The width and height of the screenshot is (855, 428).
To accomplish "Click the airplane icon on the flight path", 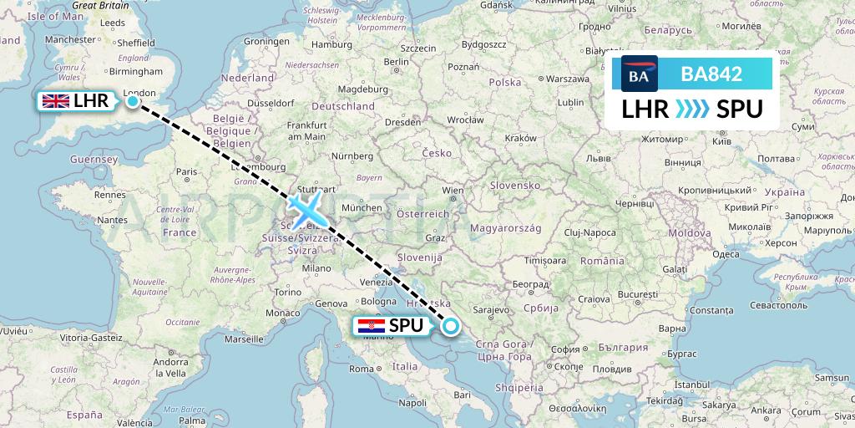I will click(x=306, y=208).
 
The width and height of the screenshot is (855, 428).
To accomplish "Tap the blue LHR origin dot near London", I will click(x=133, y=101).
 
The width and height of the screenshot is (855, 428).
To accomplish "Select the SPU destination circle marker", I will click(x=451, y=326).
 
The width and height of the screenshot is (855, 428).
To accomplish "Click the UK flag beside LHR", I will click(x=56, y=101).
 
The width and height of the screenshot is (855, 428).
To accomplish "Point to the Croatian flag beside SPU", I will click(x=370, y=327).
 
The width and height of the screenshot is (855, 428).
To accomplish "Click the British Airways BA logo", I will click(x=640, y=74).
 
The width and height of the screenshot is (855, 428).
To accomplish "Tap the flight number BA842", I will click(x=711, y=74).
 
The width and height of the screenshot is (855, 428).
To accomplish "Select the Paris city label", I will click(x=186, y=172).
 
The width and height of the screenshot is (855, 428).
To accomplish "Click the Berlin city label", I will click(x=396, y=62).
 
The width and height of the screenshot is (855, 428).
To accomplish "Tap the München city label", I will click(x=362, y=207).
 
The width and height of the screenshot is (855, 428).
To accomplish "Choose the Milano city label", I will click(x=316, y=268).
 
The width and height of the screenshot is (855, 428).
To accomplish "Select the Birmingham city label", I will click(x=123, y=73).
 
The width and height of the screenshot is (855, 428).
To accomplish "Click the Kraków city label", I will click(x=520, y=138).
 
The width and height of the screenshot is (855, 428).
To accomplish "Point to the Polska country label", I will click(x=504, y=83).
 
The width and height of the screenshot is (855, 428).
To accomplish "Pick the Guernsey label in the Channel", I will click(x=93, y=159).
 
